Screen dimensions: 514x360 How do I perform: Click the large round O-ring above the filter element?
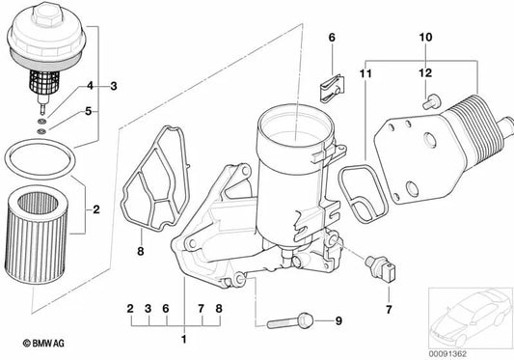41,159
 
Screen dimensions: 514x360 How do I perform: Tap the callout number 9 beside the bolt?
338,320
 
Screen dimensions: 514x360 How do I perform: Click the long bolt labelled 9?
290,321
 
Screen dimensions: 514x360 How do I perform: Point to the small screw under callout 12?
431,101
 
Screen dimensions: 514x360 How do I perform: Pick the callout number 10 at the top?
425,38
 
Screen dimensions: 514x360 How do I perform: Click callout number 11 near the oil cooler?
365,73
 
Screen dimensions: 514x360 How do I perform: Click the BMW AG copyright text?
43,344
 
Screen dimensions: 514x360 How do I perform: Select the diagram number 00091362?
447,354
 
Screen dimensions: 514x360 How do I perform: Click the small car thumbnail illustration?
471,318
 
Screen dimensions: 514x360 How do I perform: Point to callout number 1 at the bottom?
184,340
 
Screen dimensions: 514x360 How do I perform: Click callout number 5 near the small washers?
88,111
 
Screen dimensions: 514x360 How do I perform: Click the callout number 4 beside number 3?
90,86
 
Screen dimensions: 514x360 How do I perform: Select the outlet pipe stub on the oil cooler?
505,127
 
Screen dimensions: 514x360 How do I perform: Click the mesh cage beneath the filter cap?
44,83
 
